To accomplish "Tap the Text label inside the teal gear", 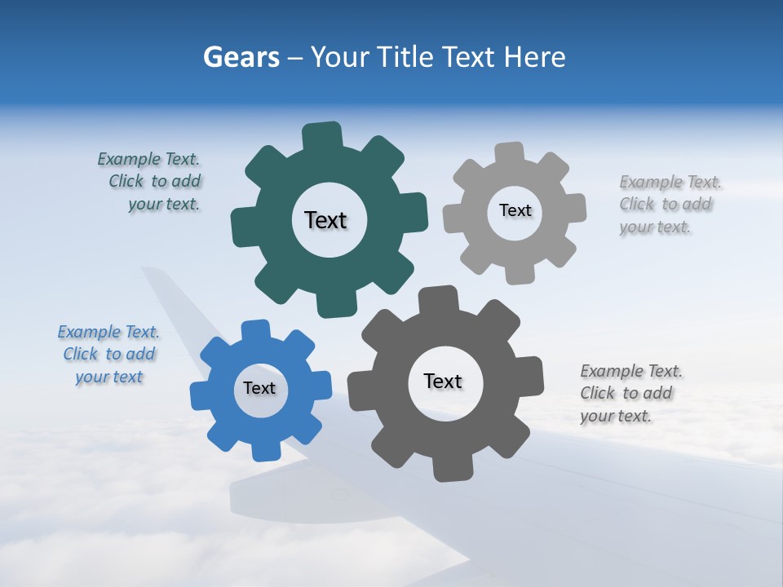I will (x=325, y=220).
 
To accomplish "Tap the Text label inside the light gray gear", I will (x=515, y=210).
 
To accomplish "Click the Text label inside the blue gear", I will (x=259, y=388).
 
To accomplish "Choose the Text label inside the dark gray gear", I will (x=443, y=381).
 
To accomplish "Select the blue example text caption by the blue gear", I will (x=109, y=354).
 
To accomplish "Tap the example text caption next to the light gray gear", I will (x=667, y=205).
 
